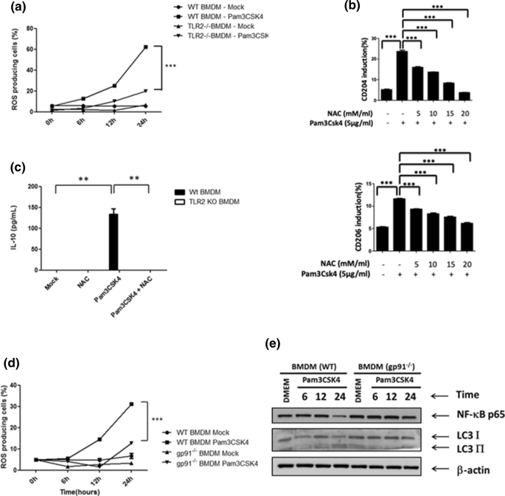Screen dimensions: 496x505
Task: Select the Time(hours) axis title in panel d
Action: pos(102,487)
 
